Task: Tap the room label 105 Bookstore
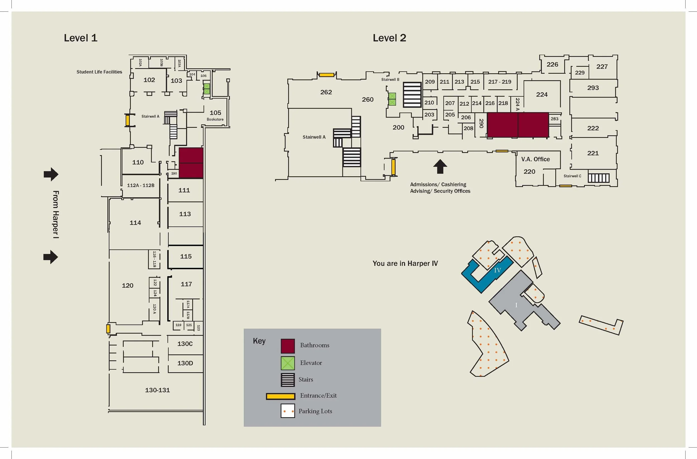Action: click(x=215, y=115)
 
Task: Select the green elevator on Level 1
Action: click(x=207, y=89)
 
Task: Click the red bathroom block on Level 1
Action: click(x=191, y=163)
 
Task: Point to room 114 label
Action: click(x=135, y=223)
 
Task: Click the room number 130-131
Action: click(x=157, y=390)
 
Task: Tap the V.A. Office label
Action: click(x=535, y=159)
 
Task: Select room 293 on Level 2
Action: click(x=593, y=88)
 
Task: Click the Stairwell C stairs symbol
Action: click(x=598, y=178)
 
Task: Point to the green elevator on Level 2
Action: click(x=392, y=99)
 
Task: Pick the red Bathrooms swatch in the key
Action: click(x=288, y=346)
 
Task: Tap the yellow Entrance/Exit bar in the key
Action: click(x=280, y=396)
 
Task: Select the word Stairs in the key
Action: click(x=306, y=379)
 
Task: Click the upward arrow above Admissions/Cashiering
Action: click(x=440, y=166)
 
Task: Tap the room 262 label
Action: click(x=326, y=92)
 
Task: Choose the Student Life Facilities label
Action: click(x=99, y=72)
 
